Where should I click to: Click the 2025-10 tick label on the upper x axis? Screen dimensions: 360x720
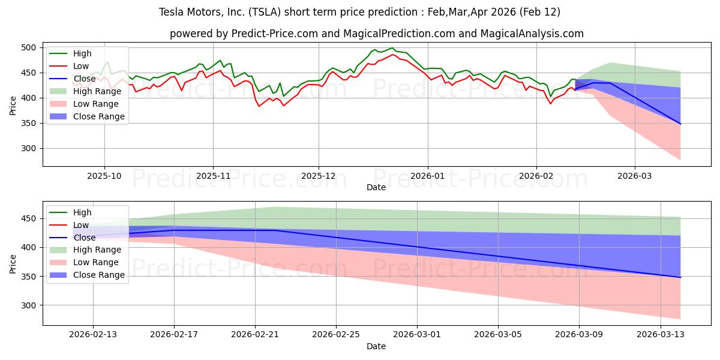(104, 176)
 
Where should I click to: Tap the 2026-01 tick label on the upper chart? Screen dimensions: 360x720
(427, 176)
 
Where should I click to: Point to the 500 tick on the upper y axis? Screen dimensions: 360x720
(30, 47)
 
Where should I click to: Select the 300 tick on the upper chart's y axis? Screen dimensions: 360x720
(30, 148)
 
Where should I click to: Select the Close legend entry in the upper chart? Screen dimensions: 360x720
(85, 79)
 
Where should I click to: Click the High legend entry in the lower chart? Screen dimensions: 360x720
(82, 212)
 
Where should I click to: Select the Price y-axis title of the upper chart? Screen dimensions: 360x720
(13, 105)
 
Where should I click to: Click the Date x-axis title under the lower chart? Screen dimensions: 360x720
(376, 346)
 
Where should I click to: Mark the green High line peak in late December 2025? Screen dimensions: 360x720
(392, 48)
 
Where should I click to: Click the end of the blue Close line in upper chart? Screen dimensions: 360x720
(680, 124)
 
